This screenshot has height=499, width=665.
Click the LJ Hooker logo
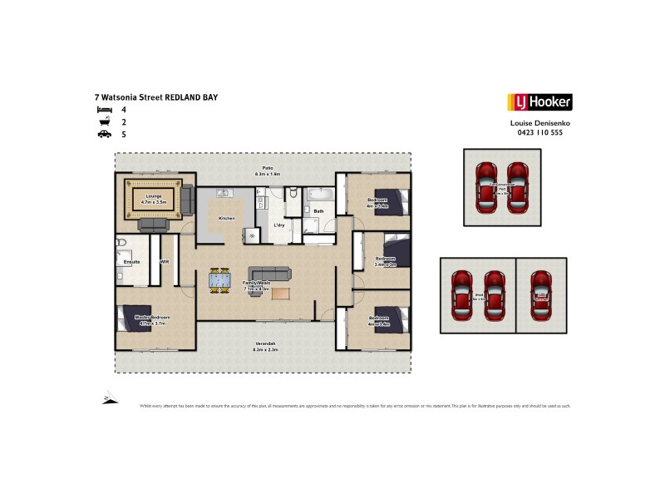[x=539, y=103]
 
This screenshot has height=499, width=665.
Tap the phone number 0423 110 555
[x=539, y=132]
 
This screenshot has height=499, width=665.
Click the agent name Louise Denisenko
[x=539, y=123]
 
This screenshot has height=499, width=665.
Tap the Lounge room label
[x=154, y=196]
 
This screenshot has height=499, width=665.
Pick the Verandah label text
[x=265, y=344]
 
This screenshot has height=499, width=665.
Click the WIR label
[x=164, y=261]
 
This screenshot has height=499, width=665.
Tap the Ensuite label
[x=131, y=261]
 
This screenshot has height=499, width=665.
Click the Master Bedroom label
[x=155, y=318]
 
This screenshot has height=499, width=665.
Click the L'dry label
[x=281, y=225]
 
